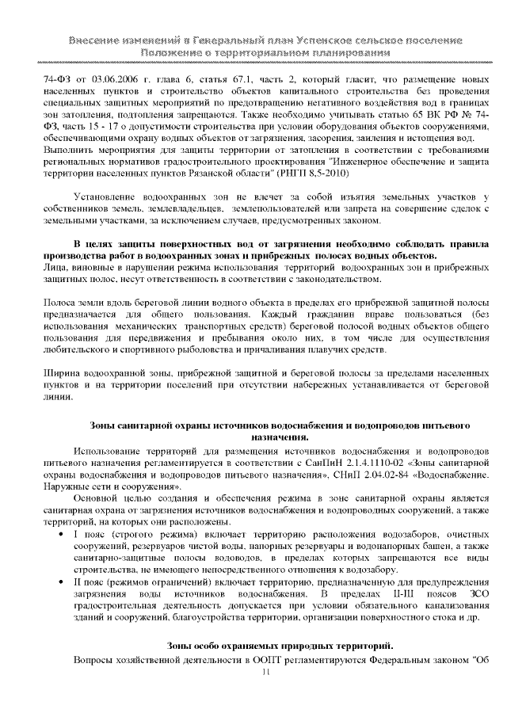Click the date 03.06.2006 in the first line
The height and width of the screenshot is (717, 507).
point(109,80)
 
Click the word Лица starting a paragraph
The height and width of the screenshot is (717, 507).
point(55,269)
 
